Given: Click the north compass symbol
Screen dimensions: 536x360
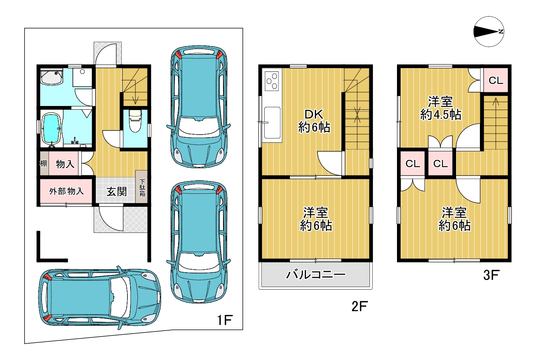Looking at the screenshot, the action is [489, 32].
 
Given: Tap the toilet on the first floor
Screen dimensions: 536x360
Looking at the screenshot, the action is [135, 121].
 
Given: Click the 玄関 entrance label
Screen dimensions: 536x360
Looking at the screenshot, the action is [117, 192].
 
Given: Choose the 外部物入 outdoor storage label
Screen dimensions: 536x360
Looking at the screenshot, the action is [67, 191].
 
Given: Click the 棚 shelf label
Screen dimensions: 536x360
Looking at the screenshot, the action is [43, 164].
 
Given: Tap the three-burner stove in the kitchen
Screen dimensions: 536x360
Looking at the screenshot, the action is [272, 81].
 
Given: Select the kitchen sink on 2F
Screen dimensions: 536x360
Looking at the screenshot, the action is [272, 123].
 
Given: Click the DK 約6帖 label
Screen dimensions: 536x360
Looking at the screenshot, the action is [314, 121].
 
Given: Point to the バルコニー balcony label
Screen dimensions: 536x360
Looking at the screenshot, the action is [316, 274].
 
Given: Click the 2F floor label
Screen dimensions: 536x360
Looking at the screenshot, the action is [359, 306].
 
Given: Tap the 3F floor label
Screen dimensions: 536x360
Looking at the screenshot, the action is [491, 275].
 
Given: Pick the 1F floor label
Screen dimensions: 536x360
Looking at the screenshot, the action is [225, 320].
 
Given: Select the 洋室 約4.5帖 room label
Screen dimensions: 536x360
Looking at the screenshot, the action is [440, 108].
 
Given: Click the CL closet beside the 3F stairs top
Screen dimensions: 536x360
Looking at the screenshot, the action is [496, 80].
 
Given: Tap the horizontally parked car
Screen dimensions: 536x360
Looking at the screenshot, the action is [99, 298].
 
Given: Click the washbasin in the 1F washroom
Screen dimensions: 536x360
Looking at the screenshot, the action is [52, 77].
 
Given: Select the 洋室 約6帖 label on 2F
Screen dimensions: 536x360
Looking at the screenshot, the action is [316, 219].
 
